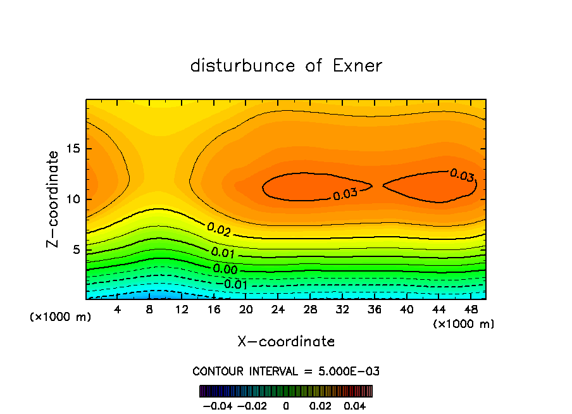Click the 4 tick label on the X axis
[117, 310]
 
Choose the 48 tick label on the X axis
[471, 310]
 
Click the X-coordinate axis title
[286, 342]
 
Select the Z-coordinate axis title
[54, 199]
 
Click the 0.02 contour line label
[218, 229]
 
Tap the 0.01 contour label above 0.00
[223, 253]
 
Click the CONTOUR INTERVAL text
[286, 371]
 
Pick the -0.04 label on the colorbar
[217, 405]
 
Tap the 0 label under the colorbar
[286, 405]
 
